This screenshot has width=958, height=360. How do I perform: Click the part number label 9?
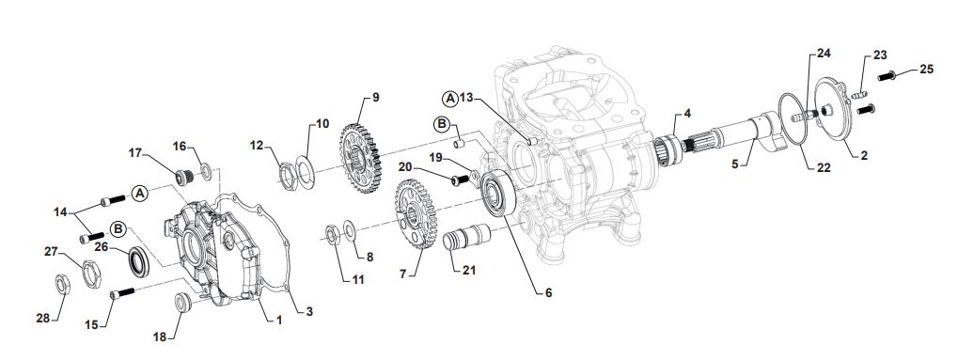point(375,97)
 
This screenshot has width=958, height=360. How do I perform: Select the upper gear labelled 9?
point(360,158)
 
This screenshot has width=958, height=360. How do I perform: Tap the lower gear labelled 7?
point(415,213)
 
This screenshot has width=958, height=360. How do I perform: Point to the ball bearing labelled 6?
point(498,194)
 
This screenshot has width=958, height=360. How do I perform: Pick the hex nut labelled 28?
point(63,284)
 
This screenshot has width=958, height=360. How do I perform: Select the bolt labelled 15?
point(123,292)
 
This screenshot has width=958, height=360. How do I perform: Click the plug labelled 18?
point(182,303)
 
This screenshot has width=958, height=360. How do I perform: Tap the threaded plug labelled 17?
point(185,177)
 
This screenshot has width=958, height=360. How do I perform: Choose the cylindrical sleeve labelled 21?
point(467,237)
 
